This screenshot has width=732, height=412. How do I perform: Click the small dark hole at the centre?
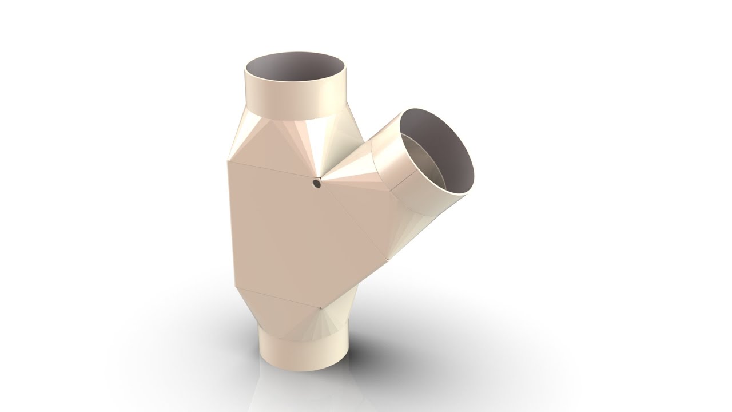pos(316,183)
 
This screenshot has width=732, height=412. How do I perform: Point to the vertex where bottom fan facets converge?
pos(321,308)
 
